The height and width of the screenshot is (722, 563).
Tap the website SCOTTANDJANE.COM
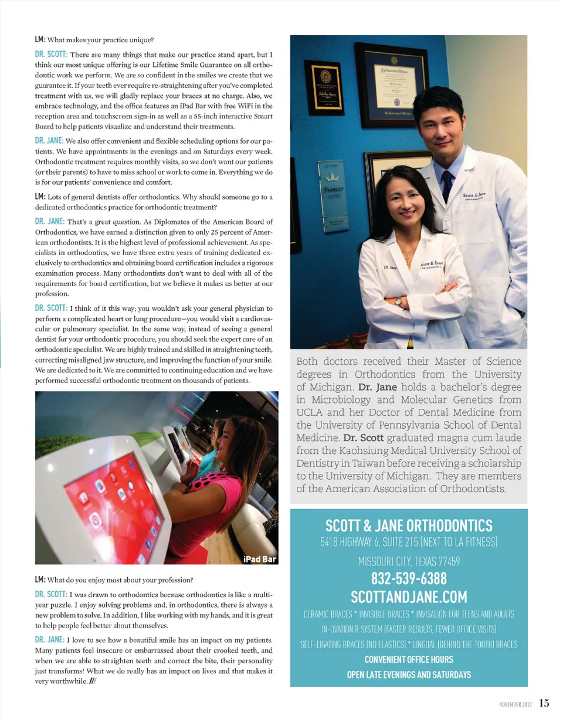click(x=409, y=597)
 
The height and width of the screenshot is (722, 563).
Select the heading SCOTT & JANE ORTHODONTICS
click(x=409, y=524)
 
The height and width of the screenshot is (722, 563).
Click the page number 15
click(x=545, y=703)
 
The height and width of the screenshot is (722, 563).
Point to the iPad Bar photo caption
click(x=259, y=559)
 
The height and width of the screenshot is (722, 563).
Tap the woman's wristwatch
click(x=398, y=301)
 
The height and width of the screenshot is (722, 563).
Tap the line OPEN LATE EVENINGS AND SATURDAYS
click(x=409, y=674)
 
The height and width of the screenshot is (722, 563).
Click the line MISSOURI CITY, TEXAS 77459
click(x=409, y=561)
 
